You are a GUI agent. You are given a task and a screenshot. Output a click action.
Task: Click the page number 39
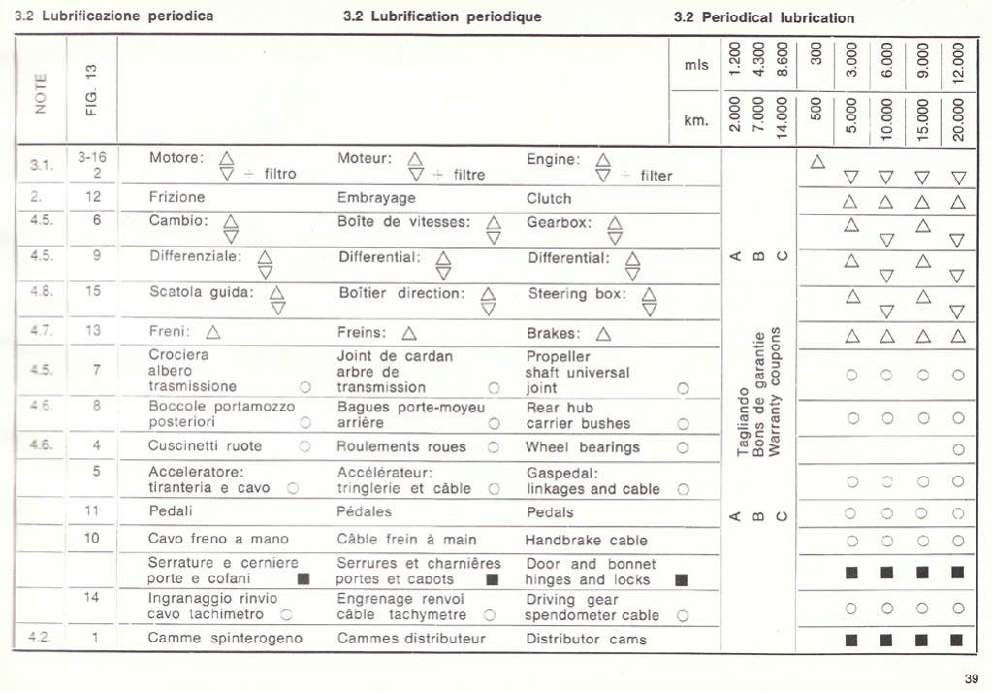click(x=971, y=677)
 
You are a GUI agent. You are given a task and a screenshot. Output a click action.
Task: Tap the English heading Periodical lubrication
click(x=764, y=17)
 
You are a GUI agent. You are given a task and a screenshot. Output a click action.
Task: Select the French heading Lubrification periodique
click(x=442, y=16)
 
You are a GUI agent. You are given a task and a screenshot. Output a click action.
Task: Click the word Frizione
click(x=176, y=197)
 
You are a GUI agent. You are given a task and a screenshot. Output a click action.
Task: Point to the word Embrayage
click(x=376, y=197)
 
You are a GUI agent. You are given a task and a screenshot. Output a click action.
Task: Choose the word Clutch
click(x=549, y=198)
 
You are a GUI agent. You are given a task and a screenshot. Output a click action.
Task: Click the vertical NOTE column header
click(x=41, y=93)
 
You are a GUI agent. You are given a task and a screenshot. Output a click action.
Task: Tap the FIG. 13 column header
click(x=92, y=90)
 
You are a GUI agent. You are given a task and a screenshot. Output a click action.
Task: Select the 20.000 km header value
click(x=958, y=119)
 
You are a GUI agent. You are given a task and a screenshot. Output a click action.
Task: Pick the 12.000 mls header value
click(x=958, y=63)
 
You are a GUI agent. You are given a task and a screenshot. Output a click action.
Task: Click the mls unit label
click(x=696, y=65)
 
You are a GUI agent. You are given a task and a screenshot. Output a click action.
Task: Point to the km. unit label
click(x=696, y=120)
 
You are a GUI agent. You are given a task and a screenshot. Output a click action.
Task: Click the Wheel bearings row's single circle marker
click(x=958, y=449)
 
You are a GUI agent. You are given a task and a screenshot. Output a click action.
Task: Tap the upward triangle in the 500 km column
click(x=817, y=161)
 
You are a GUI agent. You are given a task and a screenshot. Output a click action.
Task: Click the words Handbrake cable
click(x=586, y=540)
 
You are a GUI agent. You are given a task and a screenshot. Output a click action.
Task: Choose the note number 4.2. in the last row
click(x=41, y=638)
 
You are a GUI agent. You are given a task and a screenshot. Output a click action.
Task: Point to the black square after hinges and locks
click(x=681, y=579)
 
